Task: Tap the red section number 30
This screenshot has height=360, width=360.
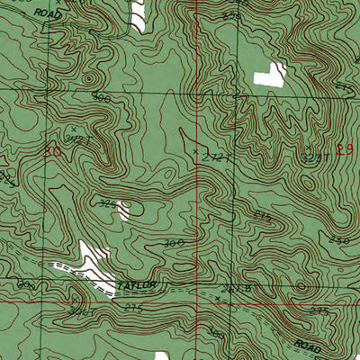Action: [55, 153]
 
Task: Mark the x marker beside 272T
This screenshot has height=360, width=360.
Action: [197, 153]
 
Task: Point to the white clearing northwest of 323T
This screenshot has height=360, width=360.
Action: [266, 76]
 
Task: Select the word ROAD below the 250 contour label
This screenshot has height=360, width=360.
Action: [310, 344]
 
